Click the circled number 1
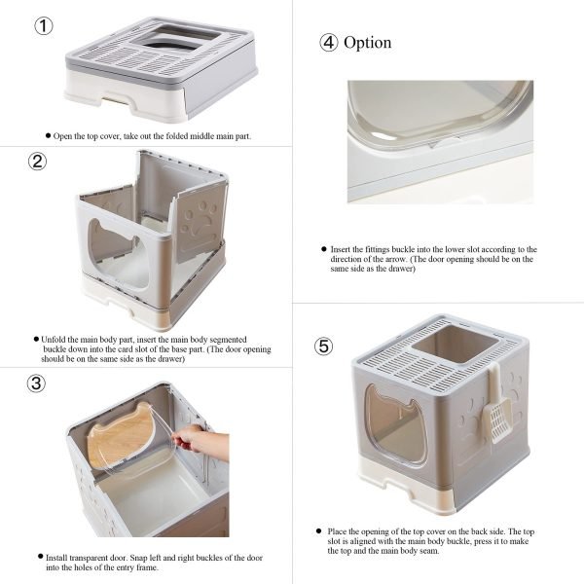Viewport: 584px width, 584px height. pyautogui.click(x=44, y=26)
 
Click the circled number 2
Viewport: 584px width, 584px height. pyautogui.click(x=38, y=162)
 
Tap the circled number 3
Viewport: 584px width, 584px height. pyautogui.click(x=37, y=383)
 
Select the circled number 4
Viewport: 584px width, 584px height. pyautogui.click(x=329, y=43)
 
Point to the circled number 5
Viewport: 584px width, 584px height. pyautogui.click(x=324, y=346)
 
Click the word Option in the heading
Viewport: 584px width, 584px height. pyautogui.click(x=367, y=43)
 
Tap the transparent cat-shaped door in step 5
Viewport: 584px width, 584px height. pyautogui.click(x=395, y=424)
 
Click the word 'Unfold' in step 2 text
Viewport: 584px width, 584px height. pyautogui.click(x=54, y=340)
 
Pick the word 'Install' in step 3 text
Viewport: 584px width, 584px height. pyautogui.click(x=56, y=558)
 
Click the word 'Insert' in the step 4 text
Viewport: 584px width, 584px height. pyautogui.click(x=341, y=249)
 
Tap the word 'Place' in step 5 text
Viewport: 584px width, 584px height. pyautogui.click(x=337, y=531)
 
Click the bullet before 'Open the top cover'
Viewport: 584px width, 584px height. pyautogui.click(x=48, y=135)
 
